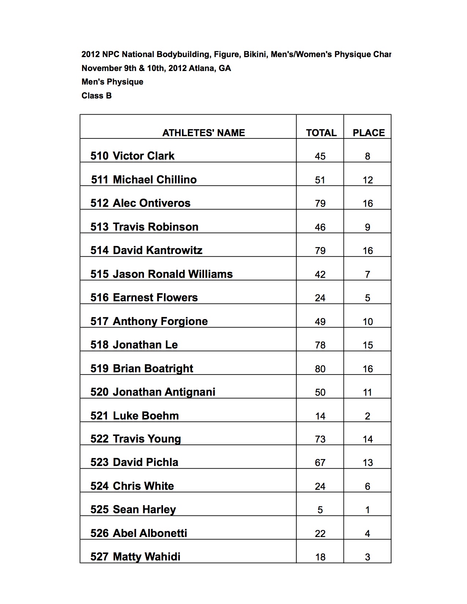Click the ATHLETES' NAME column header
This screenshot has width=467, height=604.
pos(204,133)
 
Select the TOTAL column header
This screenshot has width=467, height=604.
pos(321,133)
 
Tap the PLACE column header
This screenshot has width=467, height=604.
pos(368,133)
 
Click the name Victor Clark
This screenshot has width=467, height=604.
pos(144,156)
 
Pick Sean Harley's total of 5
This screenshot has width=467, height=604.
pos(320,510)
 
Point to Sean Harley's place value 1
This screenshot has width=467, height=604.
pos(367,510)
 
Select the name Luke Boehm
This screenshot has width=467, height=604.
pos(146,416)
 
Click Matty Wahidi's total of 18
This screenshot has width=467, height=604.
pos(320,557)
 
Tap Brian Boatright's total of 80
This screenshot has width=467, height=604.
pos(320,369)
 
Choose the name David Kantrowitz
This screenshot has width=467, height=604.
pos(157,250)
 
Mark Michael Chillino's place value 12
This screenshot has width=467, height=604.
pos(368,180)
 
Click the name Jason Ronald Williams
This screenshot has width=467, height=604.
pos(173,274)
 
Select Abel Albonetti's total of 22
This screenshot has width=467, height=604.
pos(320,534)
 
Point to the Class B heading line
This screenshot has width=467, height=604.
pos(97,96)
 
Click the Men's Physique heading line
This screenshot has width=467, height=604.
pos(112,82)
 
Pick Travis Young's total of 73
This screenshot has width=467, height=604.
pos(320,439)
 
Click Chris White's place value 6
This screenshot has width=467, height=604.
pos(367,486)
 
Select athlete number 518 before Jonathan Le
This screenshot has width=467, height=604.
pos(100,345)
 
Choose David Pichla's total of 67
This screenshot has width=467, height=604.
pos(320,463)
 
